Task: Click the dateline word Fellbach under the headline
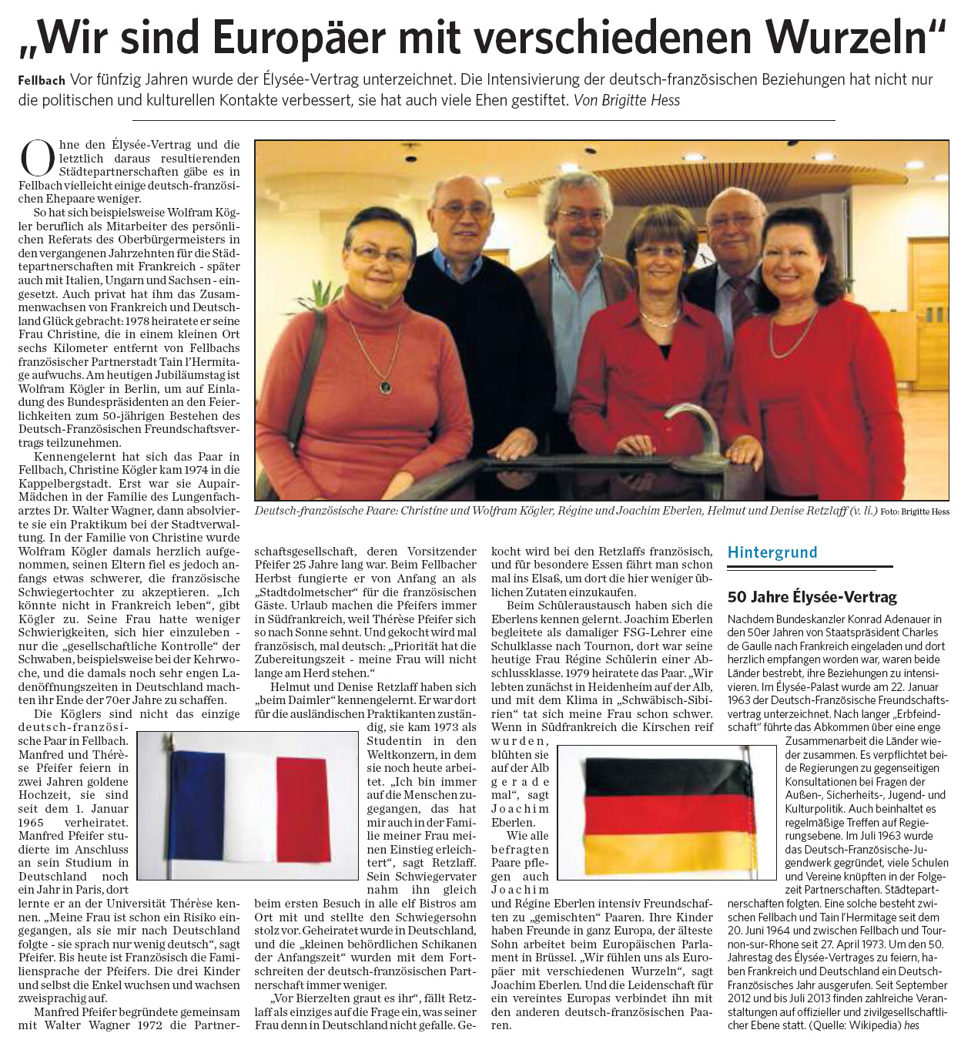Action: [x=41, y=80]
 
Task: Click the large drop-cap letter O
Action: [x=37, y=158]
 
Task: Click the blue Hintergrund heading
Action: [x=772, y=552]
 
